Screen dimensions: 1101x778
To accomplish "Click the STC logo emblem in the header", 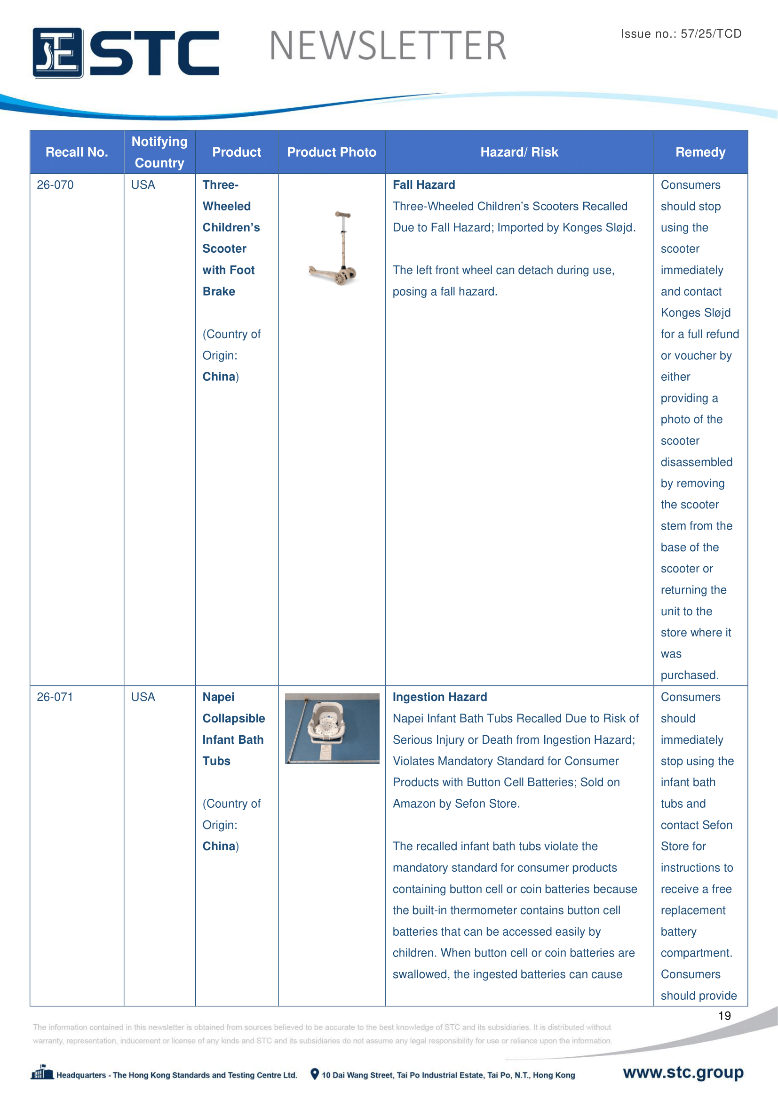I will point(58,53).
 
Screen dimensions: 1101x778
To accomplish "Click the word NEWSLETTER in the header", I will point(388,46).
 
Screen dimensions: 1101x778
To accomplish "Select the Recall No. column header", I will point(77,152).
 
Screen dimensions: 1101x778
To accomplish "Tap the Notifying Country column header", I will point(159,152).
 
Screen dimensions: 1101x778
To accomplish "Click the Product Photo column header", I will point(332,152).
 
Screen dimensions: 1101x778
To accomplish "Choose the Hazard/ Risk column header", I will point(519,152).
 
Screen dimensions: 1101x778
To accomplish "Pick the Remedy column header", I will point(700,152).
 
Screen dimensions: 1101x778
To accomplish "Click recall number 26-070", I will point(55,185).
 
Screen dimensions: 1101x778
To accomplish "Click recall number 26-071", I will point(55,697).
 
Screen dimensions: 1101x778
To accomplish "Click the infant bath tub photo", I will point(332,728).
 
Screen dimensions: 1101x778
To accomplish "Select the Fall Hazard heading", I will point(424,185).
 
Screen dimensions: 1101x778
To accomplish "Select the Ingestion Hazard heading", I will point(440,697).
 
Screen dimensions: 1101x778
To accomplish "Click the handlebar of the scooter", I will point(342,215).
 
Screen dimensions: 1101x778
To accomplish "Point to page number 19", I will point(724,1015).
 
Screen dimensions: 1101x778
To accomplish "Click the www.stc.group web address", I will point(683,1072).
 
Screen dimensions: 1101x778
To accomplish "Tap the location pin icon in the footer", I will point(315,1074).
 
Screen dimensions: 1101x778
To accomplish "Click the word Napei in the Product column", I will point(218,697).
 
